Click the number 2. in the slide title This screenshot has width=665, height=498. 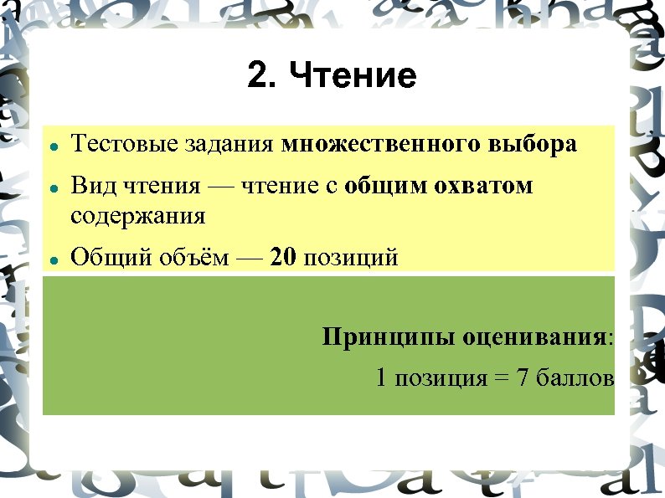tap(263, 76)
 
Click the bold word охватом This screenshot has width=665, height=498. tap(483, 185)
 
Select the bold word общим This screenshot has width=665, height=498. tap(385, 186)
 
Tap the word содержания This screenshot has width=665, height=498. tap(137, 216)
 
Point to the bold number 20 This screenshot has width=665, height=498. tap(284, 257)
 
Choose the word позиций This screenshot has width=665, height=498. tap(350, 257)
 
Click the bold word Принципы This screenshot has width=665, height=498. tap(374, 338)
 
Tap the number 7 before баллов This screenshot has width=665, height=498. tap(522, 378)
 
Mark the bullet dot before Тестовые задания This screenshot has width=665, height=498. tap(53, 146)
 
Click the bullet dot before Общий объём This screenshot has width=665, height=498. tap(53, 259)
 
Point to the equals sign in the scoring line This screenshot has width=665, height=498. tap(501, 379)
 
